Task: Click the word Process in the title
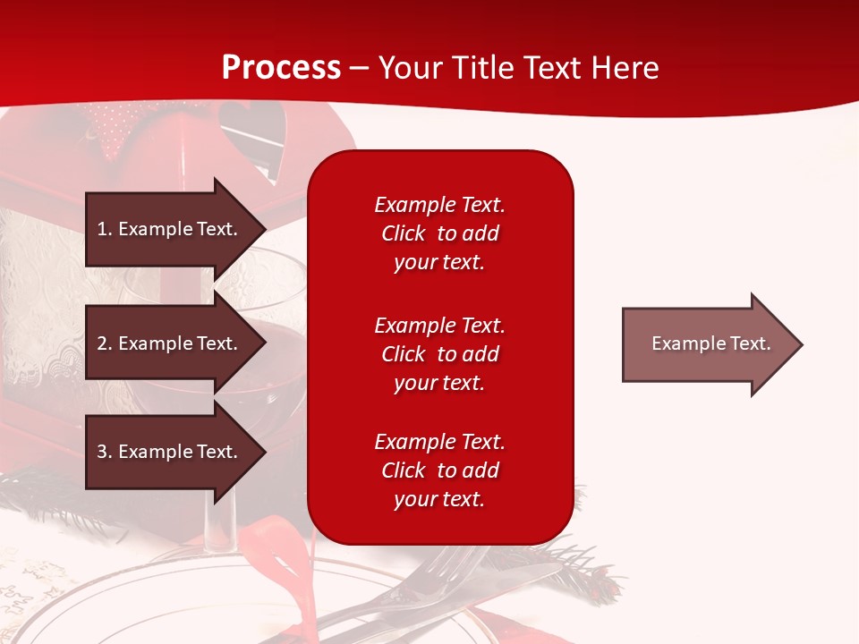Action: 281,68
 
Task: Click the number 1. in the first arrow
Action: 105,229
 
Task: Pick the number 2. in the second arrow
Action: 105,343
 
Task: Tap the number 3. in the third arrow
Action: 105,452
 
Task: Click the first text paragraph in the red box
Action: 439,233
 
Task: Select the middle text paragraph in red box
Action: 439,354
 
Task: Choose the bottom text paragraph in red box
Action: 439,470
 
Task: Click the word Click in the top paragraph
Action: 404,233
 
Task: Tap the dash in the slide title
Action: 359,69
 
